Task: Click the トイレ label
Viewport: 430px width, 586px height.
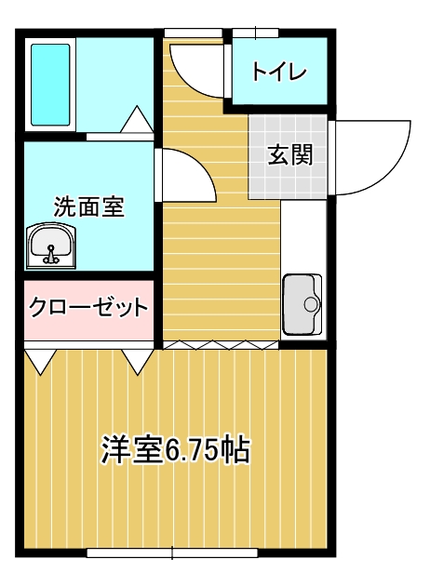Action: [x=279, y=71]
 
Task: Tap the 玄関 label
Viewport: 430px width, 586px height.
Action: [x=289, y=154]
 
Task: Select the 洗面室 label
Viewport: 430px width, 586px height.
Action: [x=89, y=206]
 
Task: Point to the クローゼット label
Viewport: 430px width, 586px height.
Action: [x=88, y=307]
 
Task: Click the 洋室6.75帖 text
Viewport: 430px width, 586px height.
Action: [x=175, y=449]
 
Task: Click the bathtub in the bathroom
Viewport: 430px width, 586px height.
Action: [x=50, y=85]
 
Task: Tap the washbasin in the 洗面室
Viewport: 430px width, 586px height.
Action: [x=51, y=246]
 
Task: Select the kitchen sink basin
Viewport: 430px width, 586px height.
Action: [x=302, y=304]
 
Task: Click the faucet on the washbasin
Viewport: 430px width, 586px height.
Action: [x=50, y=254]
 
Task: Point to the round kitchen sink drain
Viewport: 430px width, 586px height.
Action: [x=310, y=304]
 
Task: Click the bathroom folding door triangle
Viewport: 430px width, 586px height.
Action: [x=137, y=119]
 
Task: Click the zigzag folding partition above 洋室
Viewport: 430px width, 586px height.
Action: [x=221, y=345]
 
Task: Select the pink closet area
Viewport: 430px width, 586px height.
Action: [x=89, y=310]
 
